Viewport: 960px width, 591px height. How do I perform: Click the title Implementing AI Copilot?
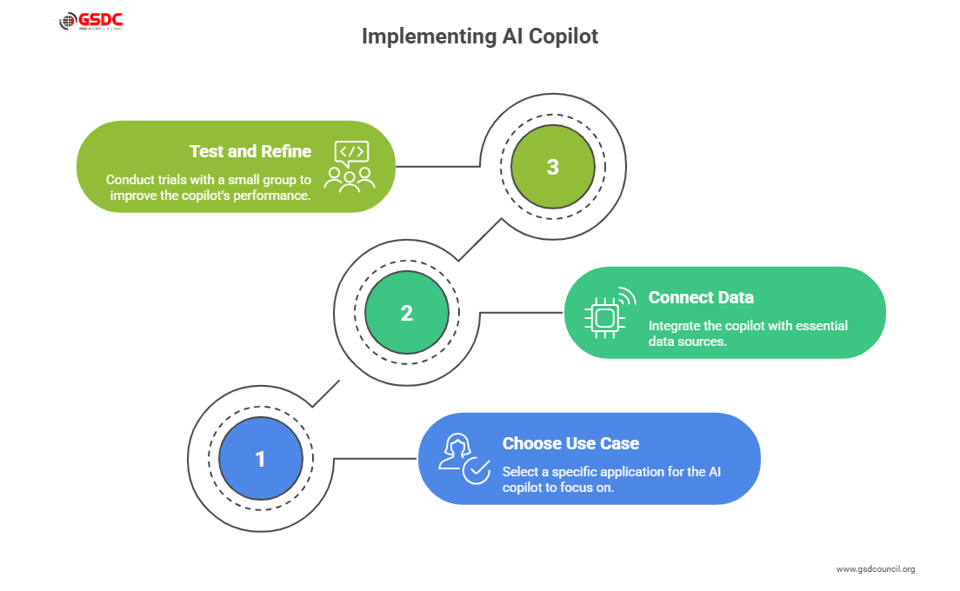tap(479, 37)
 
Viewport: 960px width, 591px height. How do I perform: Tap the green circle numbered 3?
tap(552, 167)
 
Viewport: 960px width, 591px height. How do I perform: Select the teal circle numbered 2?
tap(406, 313)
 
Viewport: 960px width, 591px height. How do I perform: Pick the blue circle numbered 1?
tap(260, 459)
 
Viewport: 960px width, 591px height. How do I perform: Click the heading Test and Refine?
tap(250, 151)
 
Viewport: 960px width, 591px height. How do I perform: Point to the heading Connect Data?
tap(701, 297)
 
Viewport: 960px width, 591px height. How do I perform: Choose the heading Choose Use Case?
tap(570, 443)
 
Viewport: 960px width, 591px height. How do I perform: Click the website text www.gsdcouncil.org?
tap(875, 569)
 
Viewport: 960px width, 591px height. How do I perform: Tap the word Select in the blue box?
tap(520, 472)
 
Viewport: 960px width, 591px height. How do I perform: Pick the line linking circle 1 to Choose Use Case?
tap(376, 458)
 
